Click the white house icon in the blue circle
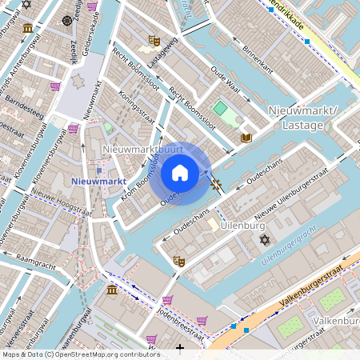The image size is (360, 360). click(x=180, y=172)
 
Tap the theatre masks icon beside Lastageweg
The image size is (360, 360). click(x=154, y=40)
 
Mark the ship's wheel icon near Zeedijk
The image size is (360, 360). click(x=66, y=20)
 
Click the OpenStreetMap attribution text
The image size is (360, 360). click(x=80, y=354)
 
